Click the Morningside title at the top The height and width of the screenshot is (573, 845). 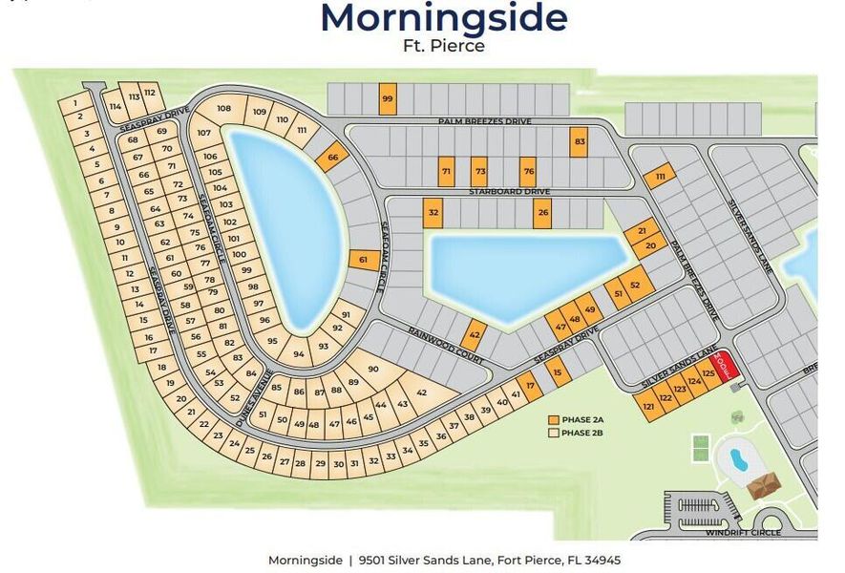click(443, 17)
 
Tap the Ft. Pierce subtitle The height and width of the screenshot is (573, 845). click(443, 45)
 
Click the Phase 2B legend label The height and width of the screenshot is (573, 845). click(584, 434)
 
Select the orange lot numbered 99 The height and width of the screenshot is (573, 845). click(387, 98)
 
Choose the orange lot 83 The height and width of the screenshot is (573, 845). click(579, 141)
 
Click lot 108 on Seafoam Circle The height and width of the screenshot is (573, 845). click(223, 109)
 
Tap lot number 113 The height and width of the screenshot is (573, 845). click(135, 96)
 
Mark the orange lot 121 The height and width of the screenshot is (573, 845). click(649, 407)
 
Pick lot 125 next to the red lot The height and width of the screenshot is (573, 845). click(708, 373)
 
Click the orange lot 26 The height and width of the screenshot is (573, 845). click(542, 212)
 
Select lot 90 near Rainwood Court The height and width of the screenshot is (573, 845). click(373, 370)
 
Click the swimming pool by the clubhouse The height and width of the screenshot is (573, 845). click(738, 459)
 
